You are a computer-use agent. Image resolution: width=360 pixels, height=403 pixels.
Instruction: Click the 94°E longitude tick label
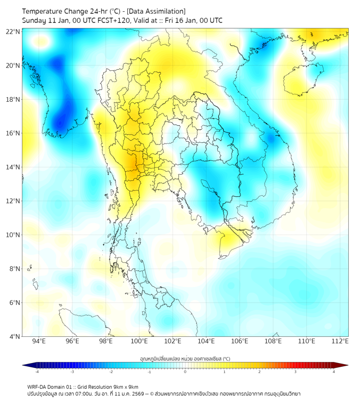39,341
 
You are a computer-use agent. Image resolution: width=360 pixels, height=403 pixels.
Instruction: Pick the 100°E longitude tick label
140,341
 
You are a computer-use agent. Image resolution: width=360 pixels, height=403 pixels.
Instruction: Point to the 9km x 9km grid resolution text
124,386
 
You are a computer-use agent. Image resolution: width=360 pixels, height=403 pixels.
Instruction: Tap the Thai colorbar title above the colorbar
185,358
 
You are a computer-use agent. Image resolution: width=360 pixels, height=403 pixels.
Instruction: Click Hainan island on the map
301,80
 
